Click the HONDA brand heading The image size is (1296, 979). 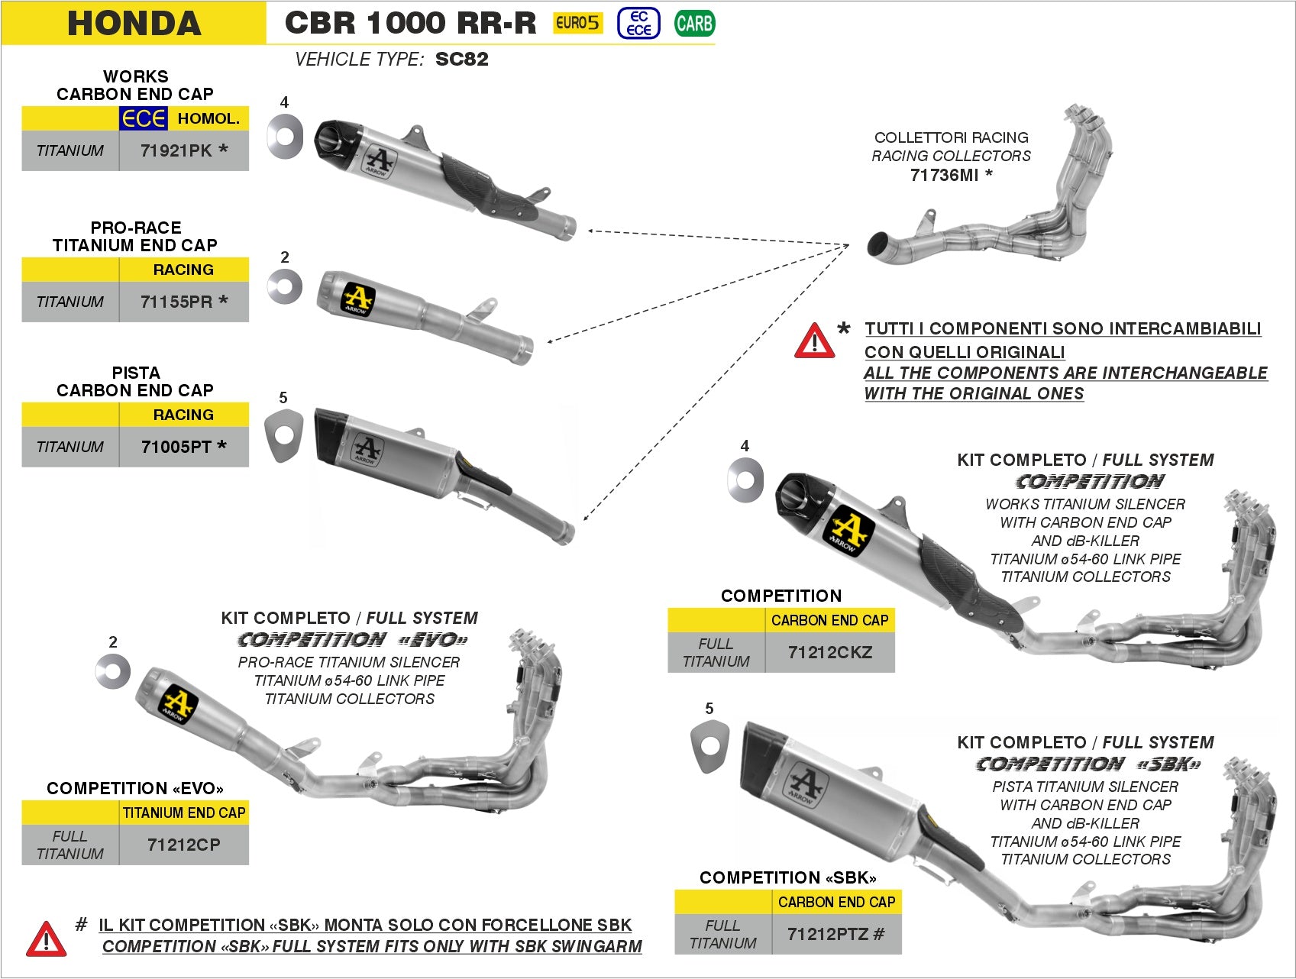point(134,23)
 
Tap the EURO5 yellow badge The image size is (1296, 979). point(577,23)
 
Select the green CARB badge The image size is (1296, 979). point(694,24)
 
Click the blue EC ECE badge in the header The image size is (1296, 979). point(638,24)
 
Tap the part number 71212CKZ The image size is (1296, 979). point(829,652)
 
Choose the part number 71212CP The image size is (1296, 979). point(183,845)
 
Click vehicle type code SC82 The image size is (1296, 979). point(461,60)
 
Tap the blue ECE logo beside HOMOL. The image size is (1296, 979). point(143,118)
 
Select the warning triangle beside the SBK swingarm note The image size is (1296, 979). point(46,939)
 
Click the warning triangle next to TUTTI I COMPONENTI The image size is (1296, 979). point(814,341)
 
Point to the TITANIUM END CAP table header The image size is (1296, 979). point(184,813)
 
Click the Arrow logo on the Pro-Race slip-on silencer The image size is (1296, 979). point(357,299)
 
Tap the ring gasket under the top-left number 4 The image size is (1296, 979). point(284,137)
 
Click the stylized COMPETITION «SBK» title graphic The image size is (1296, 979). point(1088,764)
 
